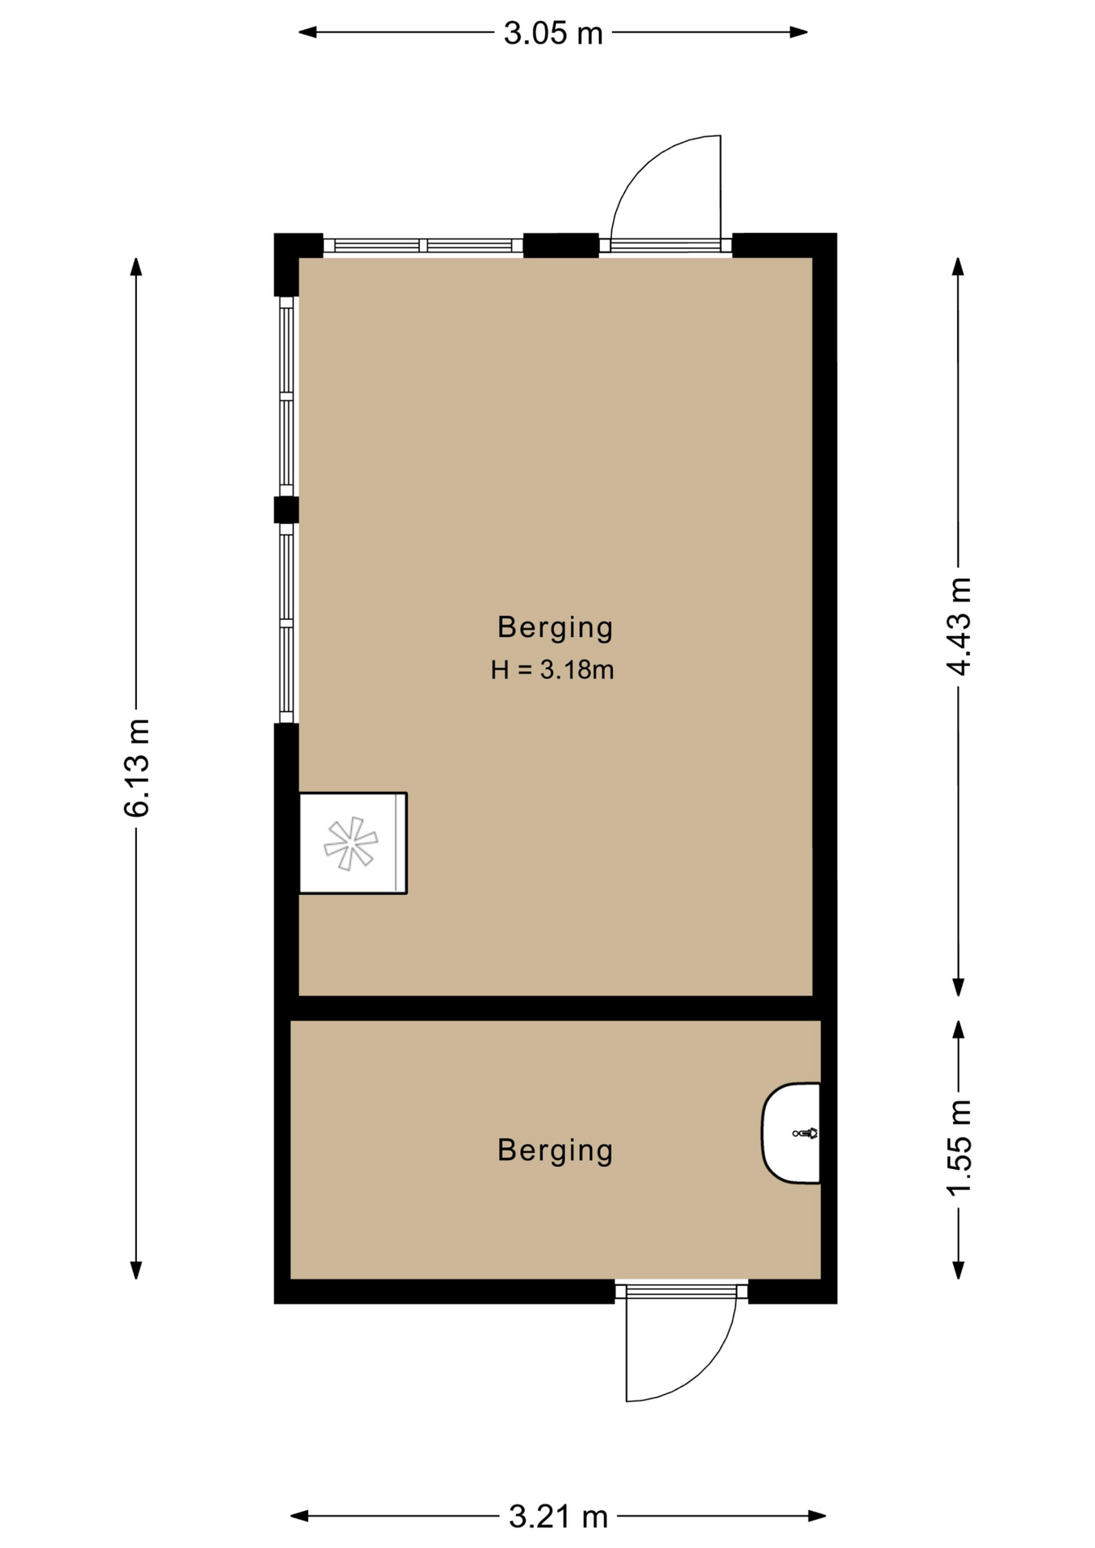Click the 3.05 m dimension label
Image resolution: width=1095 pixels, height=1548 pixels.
(553, 33)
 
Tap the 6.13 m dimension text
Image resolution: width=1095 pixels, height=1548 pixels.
(137, 768)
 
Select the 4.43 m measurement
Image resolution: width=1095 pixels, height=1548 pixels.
(959, 626)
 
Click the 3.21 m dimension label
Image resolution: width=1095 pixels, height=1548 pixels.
(558, 1517)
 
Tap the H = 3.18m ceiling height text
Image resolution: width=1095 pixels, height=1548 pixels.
(553, 669)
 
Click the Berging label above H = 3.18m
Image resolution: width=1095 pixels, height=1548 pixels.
(555, 627)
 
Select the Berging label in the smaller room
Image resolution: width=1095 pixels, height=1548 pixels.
(555, 1150)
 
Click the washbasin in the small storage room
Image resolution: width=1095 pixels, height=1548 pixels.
(791, 1133)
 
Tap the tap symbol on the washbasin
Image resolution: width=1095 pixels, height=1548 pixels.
(805, 1133)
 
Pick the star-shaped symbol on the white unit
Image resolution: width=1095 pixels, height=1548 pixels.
(351, 843)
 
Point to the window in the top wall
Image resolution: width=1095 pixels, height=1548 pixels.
(423, 246)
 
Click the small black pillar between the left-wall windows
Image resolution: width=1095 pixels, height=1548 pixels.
(286, 510)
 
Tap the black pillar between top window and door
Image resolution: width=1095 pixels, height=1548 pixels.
(561, 245)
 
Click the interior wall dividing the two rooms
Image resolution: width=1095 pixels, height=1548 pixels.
(556, 1008)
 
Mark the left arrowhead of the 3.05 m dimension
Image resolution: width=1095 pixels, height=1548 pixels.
(307, 32)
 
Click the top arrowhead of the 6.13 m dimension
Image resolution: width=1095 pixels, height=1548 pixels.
(136, 267)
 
